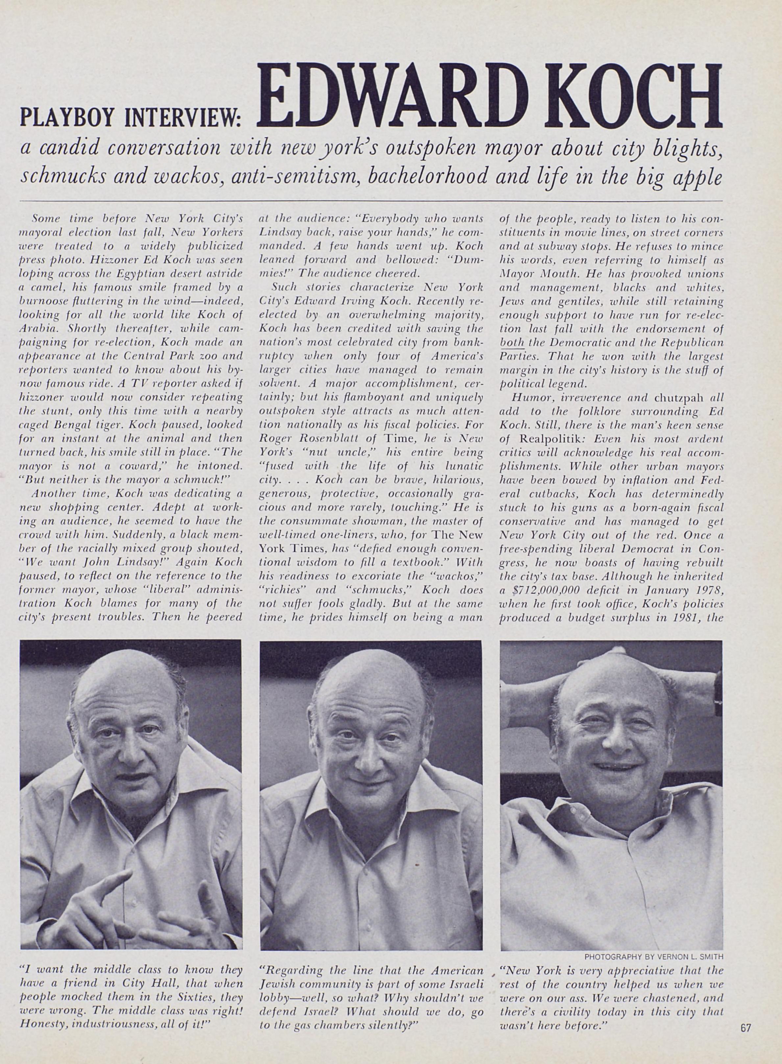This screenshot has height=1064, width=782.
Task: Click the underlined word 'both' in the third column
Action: click(512, 342)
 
